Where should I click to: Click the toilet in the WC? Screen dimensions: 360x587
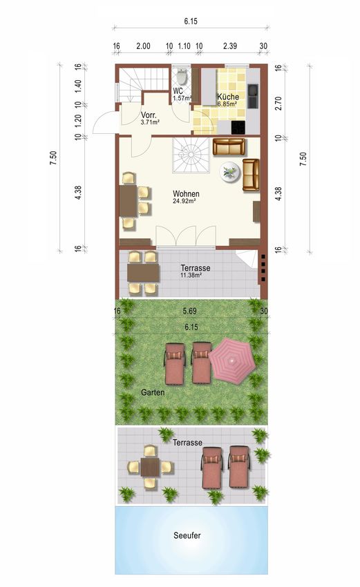[x=182, y=77]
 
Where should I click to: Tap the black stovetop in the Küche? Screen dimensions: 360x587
[x=238, y=128]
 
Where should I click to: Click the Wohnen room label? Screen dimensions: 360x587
[x=186, y=194]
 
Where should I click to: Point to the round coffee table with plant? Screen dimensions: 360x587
[x=229, y=172]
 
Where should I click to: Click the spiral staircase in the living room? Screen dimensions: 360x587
[x=191, y=155]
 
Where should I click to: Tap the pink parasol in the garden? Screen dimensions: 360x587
[x=232, y=360]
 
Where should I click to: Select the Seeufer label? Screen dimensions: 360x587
[x=187, y=535]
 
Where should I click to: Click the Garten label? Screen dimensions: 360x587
[x=153, y=392]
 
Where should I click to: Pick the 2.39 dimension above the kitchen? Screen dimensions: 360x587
[x=230, y=46]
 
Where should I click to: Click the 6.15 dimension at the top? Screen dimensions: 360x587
[x=191, y=21]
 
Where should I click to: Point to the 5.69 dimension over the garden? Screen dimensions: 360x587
[x=189, y=311]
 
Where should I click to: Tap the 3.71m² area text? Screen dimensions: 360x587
[x=150, y=122]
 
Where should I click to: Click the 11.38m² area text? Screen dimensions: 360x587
[x=191, y=275]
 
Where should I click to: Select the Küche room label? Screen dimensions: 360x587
[x=228, y=97]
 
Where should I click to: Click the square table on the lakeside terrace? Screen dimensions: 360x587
[x=150, y=467]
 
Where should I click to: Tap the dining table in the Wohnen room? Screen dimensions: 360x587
[x=129, y=201]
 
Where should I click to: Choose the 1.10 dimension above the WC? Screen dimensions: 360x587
[x=184, y=46]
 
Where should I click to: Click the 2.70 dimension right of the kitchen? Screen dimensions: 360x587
[x=278, y=104]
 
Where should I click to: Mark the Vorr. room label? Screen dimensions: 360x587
[x=149, y=115]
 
